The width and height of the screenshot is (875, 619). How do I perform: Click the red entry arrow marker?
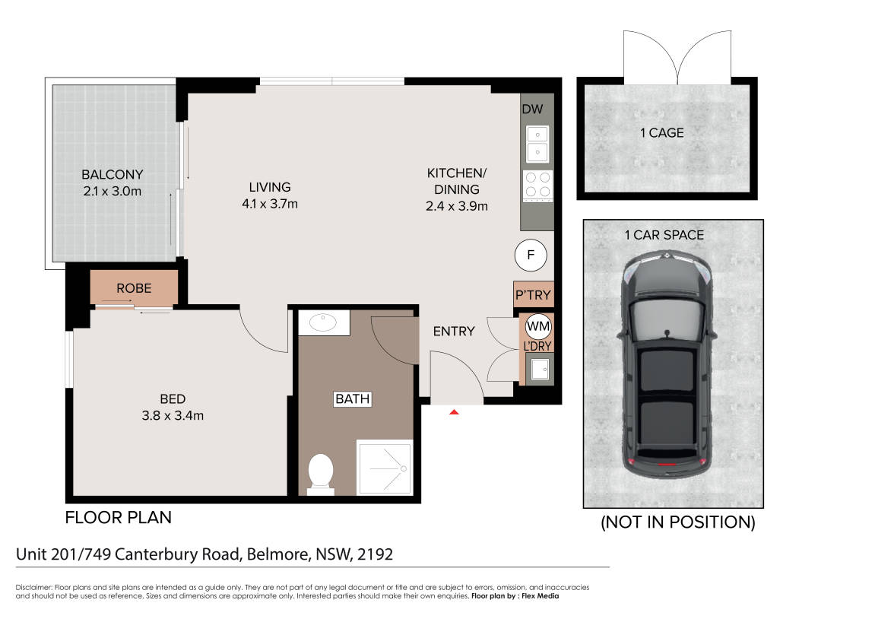[455, 412]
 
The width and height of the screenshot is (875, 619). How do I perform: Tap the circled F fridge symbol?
[530, 255]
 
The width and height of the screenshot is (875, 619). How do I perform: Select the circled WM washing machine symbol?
[538, 326]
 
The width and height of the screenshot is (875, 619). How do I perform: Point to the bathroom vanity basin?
[324, 322]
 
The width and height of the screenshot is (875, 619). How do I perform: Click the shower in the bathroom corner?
[385, 468]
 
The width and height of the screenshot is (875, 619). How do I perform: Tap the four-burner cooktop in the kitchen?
[538, 186]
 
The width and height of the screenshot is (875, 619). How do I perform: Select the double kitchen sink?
[537, 144]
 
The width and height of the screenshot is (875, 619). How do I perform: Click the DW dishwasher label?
[532, 110]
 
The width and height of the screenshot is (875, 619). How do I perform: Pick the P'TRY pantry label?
[533, 295]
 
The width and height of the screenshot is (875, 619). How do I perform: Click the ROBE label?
[134, 288]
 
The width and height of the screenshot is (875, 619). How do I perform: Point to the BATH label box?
[352, 399]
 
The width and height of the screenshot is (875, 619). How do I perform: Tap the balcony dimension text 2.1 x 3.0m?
[113, 191]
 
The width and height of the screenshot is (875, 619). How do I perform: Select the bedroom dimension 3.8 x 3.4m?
[173, 415]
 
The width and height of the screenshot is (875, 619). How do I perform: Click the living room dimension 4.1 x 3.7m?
[270, 204]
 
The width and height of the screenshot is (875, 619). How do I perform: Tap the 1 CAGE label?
[662, 133]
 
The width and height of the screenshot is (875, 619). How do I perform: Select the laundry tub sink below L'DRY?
[540, 369]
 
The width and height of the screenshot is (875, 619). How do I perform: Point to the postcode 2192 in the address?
[375, 554]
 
